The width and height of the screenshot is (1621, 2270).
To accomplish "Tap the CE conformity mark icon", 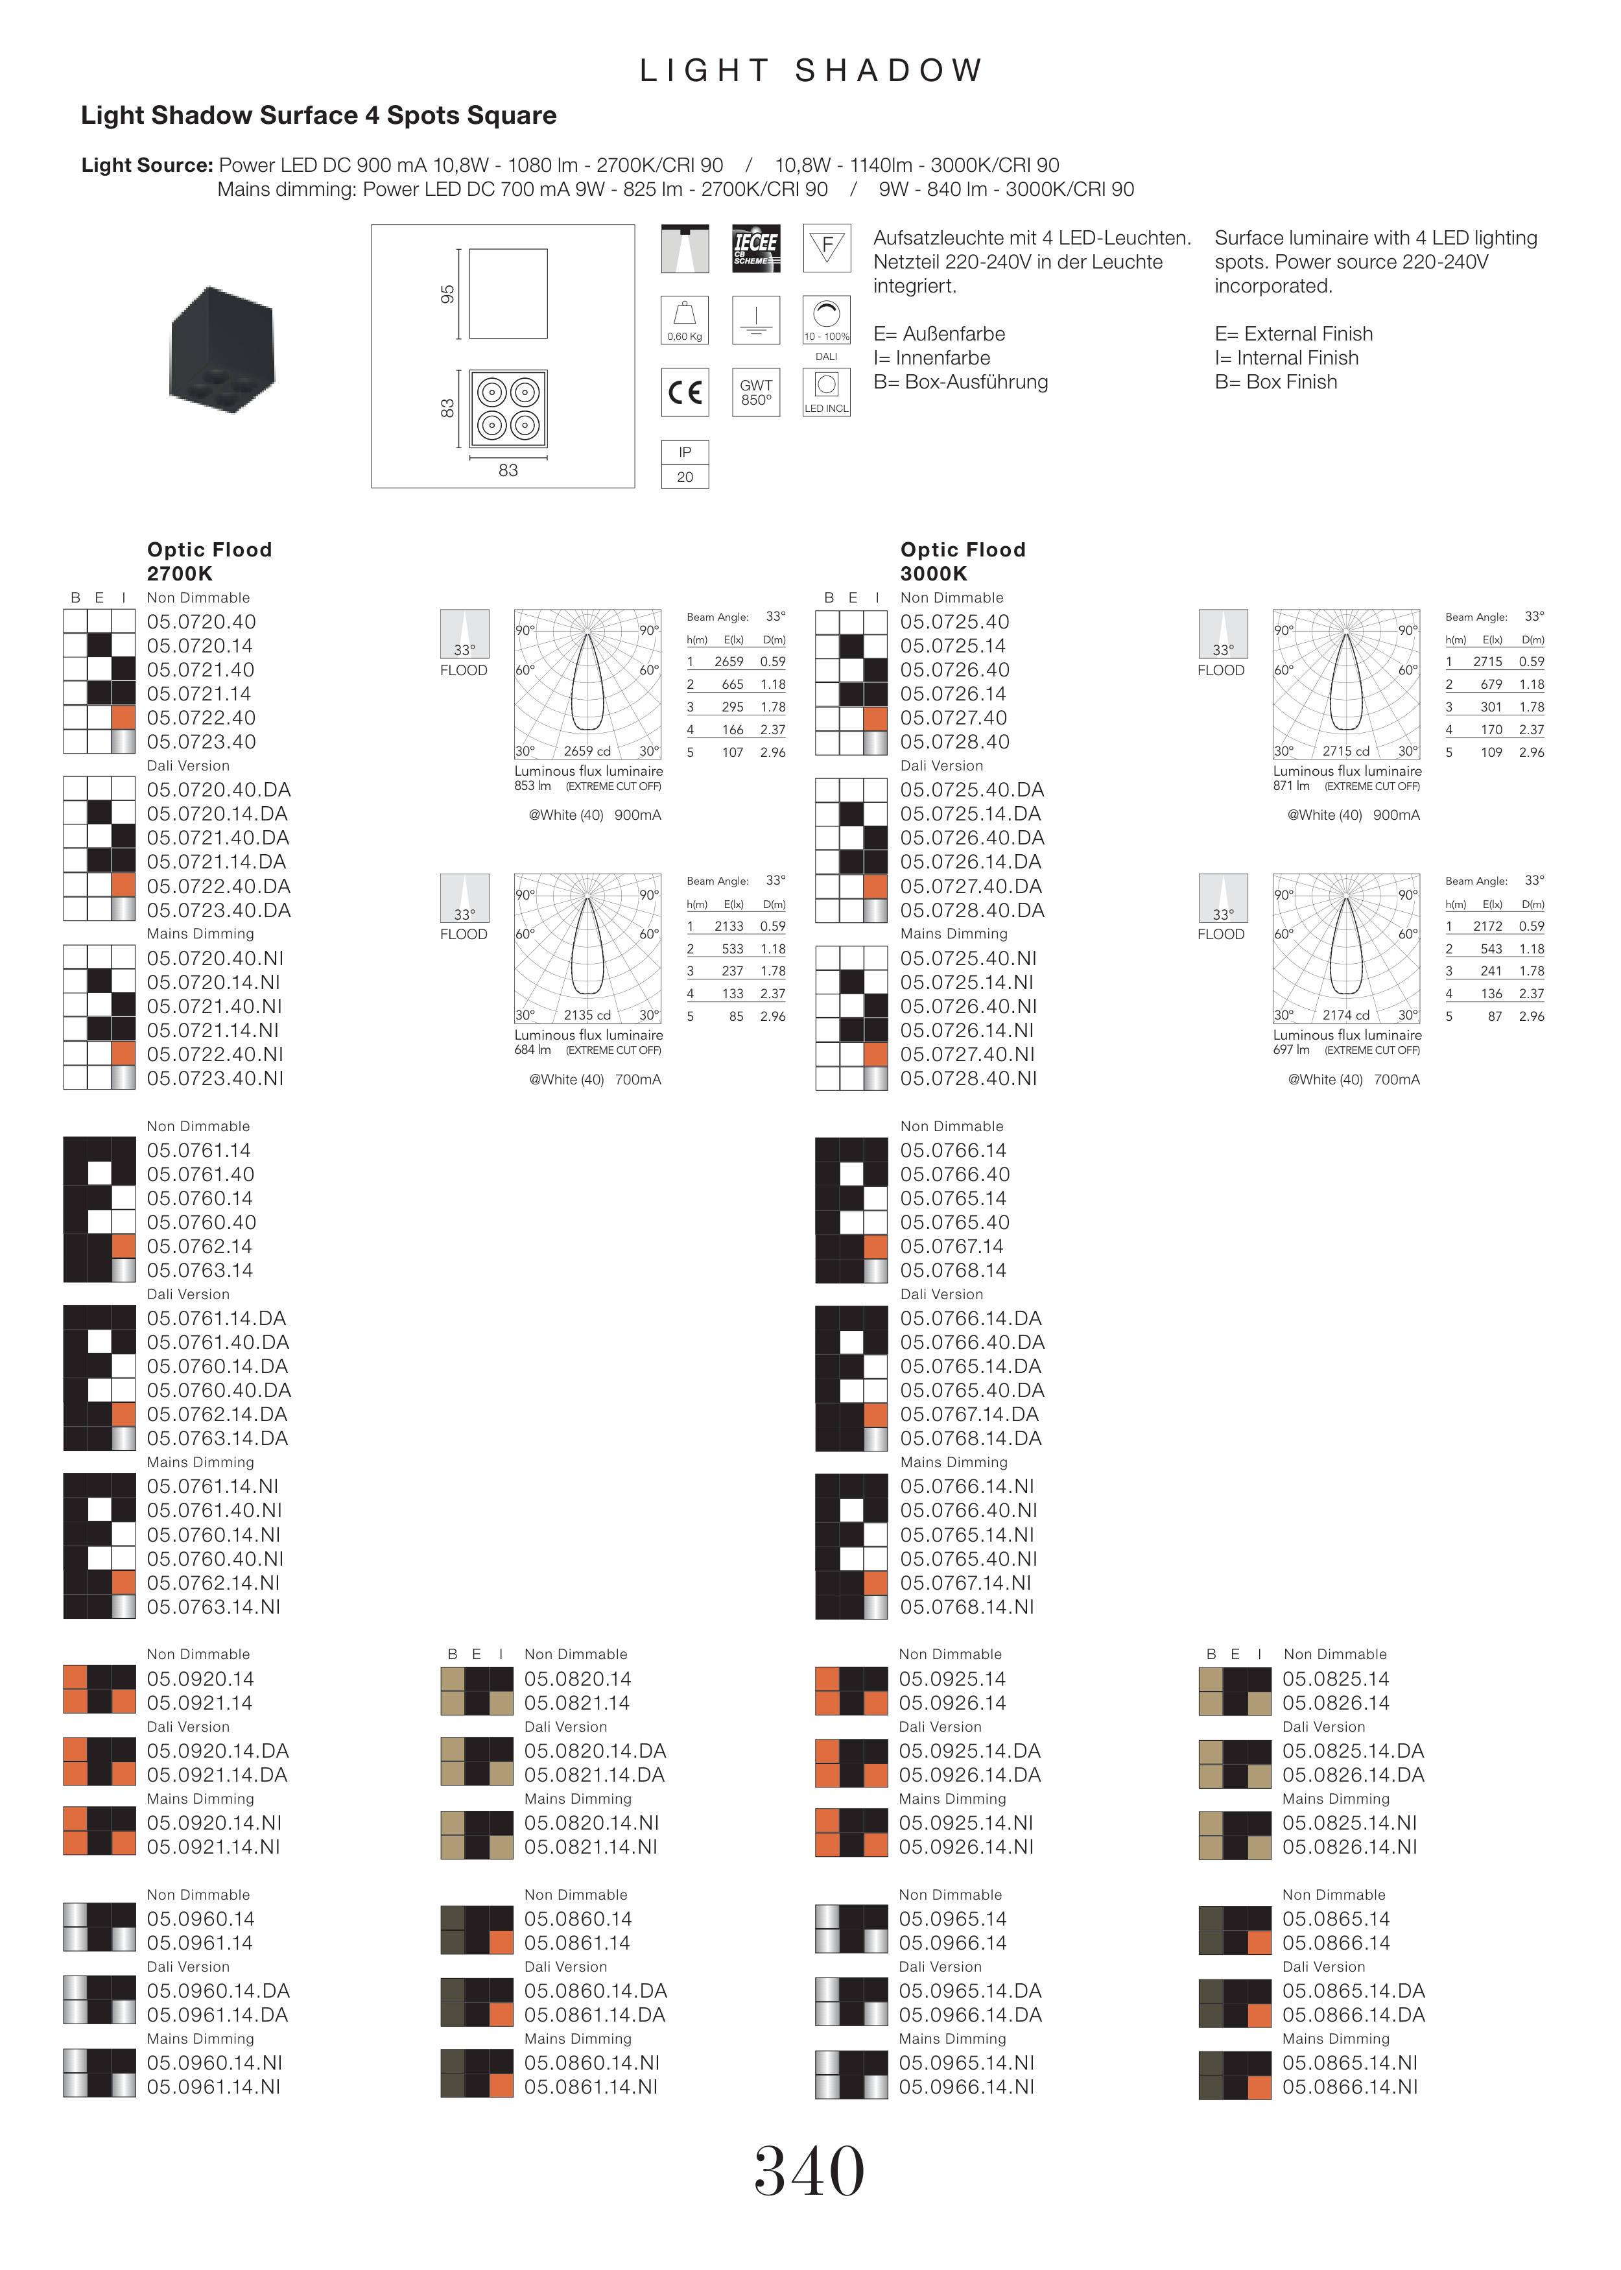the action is point(685,392).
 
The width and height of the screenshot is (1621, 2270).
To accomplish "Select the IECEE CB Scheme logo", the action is point(755,248).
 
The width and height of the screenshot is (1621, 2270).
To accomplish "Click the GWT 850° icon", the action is point(755,392).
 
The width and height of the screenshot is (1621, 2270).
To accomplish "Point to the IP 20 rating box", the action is point(685,464).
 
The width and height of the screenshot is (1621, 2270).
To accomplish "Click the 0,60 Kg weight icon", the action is point(685,320).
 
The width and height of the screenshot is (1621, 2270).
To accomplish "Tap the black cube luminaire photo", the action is point(222,350).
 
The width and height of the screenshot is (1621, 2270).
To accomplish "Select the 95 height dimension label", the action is point(447,294).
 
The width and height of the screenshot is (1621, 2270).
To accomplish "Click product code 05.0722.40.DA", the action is point(219,887).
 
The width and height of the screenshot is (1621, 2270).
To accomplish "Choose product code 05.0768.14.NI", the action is point(967,1607).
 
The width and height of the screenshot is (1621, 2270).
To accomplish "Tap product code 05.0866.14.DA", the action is point(1353,2016).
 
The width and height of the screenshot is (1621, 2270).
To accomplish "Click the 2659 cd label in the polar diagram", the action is point(587,750).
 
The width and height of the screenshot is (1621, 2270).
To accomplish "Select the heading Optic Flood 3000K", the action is point(964,561).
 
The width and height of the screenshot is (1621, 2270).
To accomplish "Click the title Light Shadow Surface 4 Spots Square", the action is point(318,116).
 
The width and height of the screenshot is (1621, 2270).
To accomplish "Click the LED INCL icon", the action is point(827,392).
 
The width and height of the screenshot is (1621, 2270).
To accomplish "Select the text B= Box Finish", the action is point(1275,382).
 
